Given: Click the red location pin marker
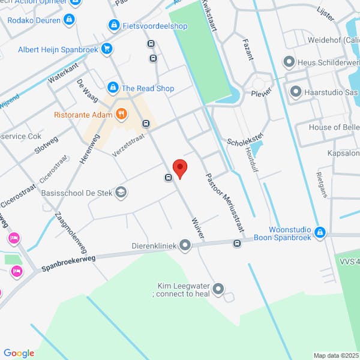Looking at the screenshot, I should tap(179, 168).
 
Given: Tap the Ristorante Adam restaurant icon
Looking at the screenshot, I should tap(121, 113).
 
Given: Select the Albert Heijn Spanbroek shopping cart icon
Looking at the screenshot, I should tap(107, 49).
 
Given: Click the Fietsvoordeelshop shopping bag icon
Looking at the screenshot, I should tap(113, 26).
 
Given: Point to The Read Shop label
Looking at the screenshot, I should tap(148, 88).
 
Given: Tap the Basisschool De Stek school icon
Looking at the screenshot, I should tap(121, 192).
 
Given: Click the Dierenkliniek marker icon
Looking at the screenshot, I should tap(185, 245).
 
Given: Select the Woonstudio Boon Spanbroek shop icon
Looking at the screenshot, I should tap(320, 232).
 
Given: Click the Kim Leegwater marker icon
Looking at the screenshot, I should tap(218, 289).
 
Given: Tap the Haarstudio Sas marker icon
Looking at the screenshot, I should tap(295, 92).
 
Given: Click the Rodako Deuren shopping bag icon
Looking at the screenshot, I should tap(70, 20).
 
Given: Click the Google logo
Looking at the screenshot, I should tap(19, 353).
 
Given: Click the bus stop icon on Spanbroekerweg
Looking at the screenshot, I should tap(237, 243).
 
